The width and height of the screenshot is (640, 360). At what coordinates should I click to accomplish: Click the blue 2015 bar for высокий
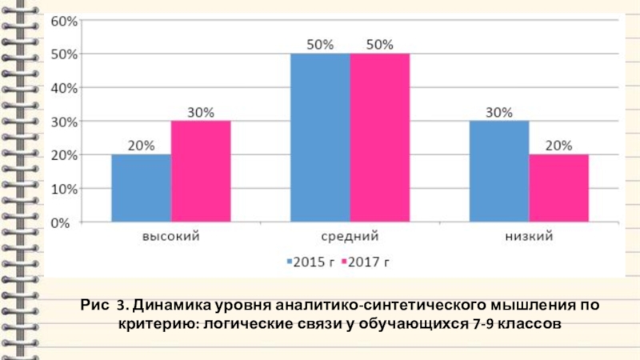(141, 189)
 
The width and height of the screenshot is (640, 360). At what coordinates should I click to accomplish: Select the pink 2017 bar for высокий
(201, 172)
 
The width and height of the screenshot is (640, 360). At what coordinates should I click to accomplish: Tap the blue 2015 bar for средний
(320, 138)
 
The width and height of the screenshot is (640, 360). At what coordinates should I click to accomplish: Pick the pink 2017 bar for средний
(380, 138)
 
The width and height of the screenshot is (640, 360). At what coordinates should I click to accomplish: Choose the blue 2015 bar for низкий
(499, 172)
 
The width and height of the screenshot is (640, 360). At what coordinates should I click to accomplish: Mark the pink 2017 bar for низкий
(559, 189)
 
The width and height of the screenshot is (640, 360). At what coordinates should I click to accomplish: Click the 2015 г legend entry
(311, 262)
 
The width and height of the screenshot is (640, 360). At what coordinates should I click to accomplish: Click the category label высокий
(170, 237)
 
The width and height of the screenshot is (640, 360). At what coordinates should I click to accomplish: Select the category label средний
(350, 237)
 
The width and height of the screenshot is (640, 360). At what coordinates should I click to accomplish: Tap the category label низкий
(529, 237)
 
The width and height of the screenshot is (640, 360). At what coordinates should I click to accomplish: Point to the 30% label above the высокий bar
(201, 113)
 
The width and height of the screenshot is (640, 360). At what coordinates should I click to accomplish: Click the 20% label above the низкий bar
(559, 146)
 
